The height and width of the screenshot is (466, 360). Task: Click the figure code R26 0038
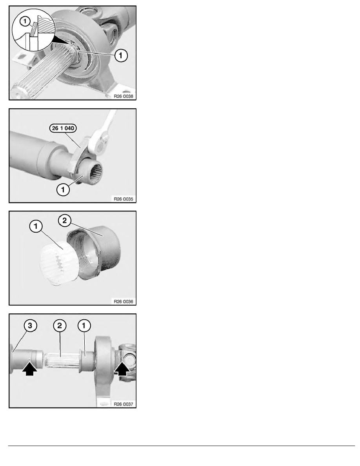124,96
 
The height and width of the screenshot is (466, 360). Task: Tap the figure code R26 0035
124,199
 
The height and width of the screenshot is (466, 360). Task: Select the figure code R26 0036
124,301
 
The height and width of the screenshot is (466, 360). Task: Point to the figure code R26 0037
124,404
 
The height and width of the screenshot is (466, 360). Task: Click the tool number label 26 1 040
63,128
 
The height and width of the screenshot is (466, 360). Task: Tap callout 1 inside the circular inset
25,21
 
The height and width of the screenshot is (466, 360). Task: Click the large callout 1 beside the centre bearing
121,55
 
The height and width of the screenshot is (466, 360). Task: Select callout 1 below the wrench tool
63,189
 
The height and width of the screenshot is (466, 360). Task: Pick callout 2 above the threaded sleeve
65,221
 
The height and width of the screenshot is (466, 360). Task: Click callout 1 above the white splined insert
36,226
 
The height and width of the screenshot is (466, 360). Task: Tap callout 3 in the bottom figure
30,326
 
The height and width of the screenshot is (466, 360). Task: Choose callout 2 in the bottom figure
60,326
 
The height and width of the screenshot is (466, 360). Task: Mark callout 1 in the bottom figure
84,326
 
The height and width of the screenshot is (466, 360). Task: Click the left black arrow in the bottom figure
30,369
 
